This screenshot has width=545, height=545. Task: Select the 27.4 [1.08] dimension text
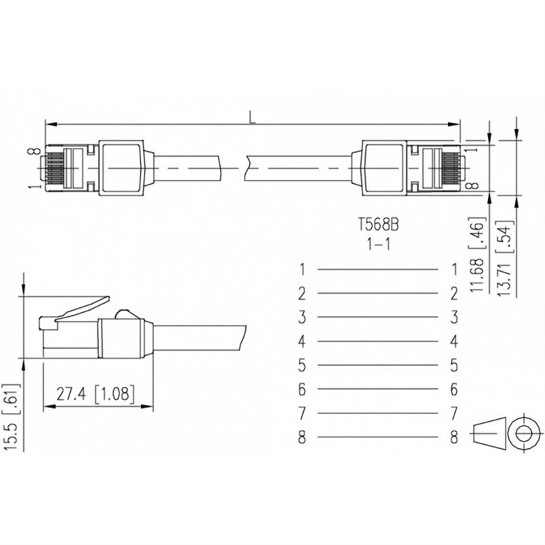tap(95, 394)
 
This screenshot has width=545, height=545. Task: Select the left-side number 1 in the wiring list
tap(302, 270)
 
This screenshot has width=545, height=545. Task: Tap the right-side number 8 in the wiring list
tap(454, 437)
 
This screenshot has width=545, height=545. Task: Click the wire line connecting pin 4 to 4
tap(377, 341)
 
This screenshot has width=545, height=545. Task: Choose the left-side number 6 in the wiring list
tap(302, 390)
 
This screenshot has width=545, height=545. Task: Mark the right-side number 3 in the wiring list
tap(454, 317)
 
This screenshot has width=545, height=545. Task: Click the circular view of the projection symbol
tap(523, 433)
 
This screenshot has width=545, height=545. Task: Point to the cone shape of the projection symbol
tap(489, 433)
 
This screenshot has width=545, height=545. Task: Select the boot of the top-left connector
tap(123, 166)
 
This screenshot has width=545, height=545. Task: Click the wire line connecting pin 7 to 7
tap(377, 414)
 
